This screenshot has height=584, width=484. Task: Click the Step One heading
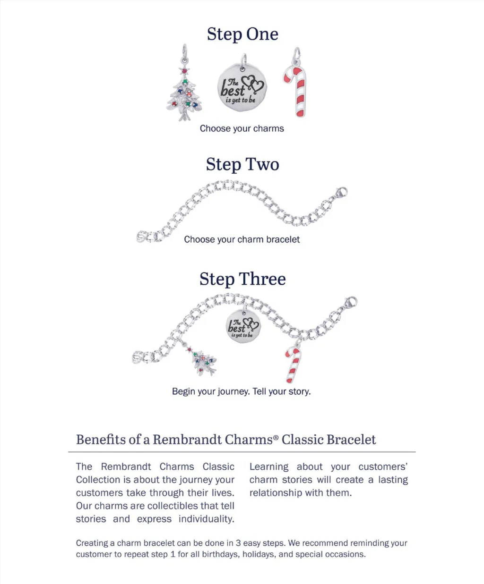point(242,34)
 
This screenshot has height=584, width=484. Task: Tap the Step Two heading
point(242,164)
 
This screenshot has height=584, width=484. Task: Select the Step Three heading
point(242,279)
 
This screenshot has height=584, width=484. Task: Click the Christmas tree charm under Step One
point(185,94)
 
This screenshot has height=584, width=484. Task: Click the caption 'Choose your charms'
point(242,128)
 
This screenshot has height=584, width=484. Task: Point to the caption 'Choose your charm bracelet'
point(242,239)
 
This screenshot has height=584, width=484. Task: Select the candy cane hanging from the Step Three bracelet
point(293,364)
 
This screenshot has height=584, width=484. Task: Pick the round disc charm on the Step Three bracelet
point(243,326)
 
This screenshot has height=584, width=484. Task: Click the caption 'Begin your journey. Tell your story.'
point(241,391)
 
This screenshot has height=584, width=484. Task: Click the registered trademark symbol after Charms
point(276,438)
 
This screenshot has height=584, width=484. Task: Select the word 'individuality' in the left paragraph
point(206,519)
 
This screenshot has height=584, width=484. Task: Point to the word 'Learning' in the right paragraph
point(268,467)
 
